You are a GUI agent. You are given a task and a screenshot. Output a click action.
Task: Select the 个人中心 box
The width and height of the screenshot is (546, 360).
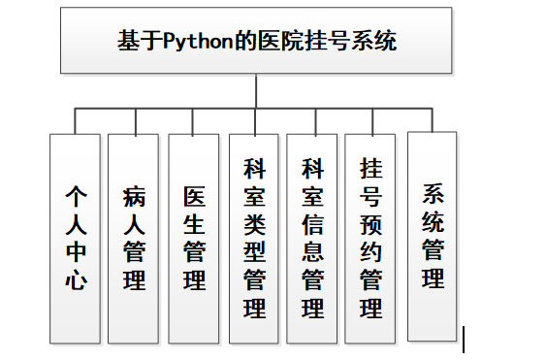tap(75, 238)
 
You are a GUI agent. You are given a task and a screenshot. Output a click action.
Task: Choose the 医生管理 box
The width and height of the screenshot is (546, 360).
tap(194, 238)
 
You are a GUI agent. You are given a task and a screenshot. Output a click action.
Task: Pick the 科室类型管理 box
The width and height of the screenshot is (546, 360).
tap(254, 238)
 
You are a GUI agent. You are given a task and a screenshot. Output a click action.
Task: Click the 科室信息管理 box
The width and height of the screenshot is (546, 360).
tap(312, 238)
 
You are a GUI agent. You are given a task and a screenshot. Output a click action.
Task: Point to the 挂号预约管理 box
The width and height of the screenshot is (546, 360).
tap(370, 238)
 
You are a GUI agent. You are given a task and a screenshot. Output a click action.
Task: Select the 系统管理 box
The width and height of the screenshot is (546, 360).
tap(433, 236)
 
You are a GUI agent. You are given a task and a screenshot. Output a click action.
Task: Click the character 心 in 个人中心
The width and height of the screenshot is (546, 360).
tap(76, 282)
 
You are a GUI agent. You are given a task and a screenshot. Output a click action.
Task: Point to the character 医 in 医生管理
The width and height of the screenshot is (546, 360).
tap(194, 197)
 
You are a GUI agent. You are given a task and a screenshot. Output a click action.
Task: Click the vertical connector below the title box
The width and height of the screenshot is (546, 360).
tap(255, 91)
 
